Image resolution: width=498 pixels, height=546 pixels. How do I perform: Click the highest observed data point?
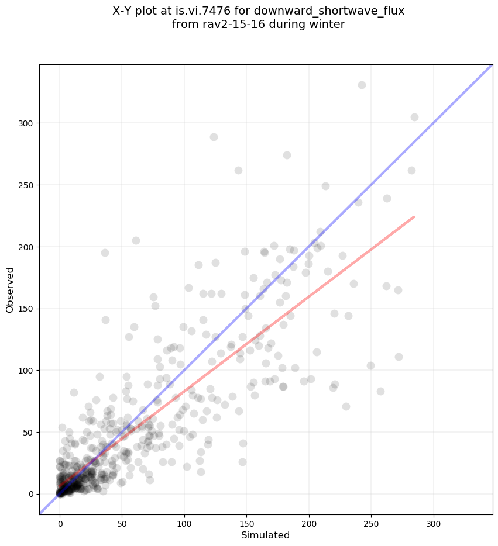(362, 85)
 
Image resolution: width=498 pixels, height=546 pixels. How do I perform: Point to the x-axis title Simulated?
(266, 535)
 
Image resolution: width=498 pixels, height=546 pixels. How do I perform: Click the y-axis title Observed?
(10, 289)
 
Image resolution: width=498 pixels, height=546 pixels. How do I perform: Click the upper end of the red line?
(414, 217)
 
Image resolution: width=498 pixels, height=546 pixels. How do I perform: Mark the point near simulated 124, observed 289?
(214, 137)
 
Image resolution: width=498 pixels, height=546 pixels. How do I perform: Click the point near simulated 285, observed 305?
(414, 117)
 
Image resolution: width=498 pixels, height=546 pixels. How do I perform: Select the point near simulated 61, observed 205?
(136, 240)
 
